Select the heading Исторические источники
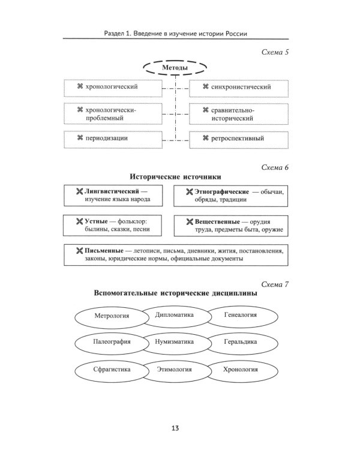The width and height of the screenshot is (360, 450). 175,177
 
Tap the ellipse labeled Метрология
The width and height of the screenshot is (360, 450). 112,315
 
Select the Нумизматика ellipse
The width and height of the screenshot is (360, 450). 174,342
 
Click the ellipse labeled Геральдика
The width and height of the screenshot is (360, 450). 239,342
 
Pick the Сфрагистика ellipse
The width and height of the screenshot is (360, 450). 112,370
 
